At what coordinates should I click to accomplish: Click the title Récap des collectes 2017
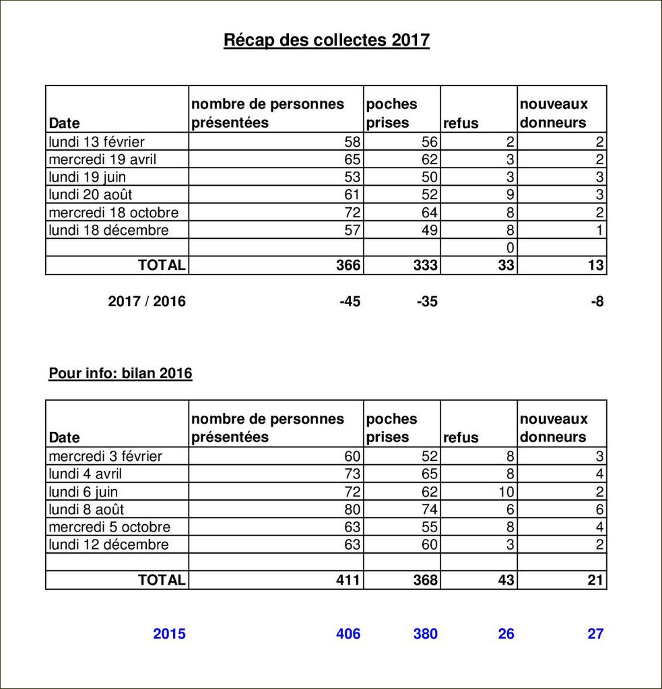[x=327, y=40]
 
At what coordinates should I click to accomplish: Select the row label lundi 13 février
[x=96, y=142]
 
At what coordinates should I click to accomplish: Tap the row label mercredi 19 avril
[x=107, y=159]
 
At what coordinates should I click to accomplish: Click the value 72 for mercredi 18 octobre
[x=352, y=213]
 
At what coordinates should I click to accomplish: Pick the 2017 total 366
[x=348, y=265]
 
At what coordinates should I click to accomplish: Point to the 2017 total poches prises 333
[x=425, y=265]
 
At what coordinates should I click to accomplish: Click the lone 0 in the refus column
[x=510, y=248]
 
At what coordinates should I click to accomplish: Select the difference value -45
[x=350, y=301]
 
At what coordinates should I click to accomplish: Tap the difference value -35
[x=426, y=301]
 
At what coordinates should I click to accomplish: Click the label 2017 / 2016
[x=147, y=301]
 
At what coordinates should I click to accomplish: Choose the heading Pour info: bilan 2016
[x=121, y=373]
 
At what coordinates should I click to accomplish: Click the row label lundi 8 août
[x=86, y=509]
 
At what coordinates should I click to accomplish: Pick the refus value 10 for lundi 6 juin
[x=506, y=492]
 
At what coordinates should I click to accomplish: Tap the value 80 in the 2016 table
[x=352, y=509]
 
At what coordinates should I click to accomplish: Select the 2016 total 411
[x=348, y=579]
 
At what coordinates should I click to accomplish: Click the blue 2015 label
[x=169, y=634]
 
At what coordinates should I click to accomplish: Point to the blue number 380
[x=425, y=634]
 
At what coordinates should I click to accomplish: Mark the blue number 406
[x=348, y=634]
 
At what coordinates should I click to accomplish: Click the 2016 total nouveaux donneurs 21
[x=595, y=579]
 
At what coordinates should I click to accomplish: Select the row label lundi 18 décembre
[x=108, y=230]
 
